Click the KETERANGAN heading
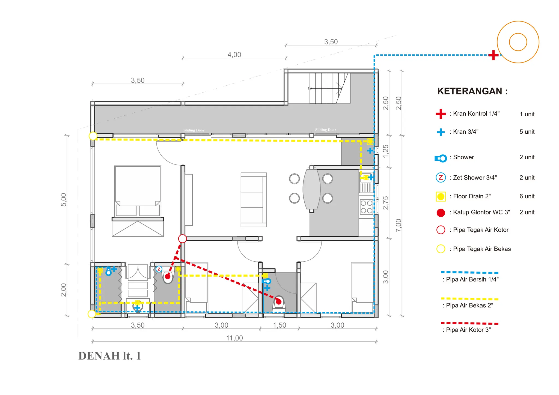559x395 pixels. click(x=472, y=91)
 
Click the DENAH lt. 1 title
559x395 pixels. click(x=110, y=356)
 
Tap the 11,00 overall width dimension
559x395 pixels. click(x=234, y=338)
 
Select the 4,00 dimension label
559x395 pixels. click(x=234, y=55)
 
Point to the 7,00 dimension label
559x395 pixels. click(x=399, y=225)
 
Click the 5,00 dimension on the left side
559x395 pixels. click(x=64, y=200)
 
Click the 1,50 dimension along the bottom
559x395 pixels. click(x=279, y=325)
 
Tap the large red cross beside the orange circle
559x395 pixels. click(x=493, y=55)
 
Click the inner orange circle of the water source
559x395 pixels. click(x=518, y=42)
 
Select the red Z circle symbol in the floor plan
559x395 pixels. click(x=159, y=269)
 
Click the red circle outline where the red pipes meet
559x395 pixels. click(x=182, y=239)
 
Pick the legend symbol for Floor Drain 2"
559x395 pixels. click(x=441, y=196)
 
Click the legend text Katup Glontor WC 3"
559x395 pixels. click(x=481, y=212)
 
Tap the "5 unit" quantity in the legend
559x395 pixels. click(x=527, y=132)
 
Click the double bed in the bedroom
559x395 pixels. click(x=138, y=201)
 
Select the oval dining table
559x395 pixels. click(x=311, y=189)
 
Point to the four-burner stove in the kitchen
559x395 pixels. click(x=366, y=207)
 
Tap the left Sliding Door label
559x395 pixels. click(x=194, y=130)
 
